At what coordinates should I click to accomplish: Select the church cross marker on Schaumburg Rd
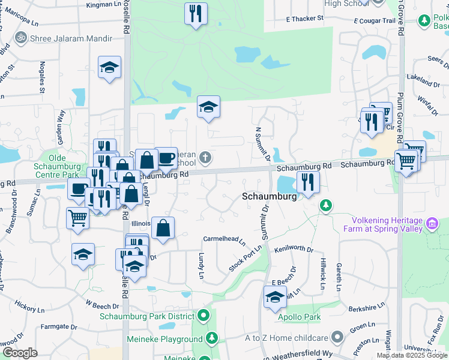pyautogui.click(x=205, y=158)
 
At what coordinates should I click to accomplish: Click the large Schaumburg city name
pyautogui.click(x=270, y=197)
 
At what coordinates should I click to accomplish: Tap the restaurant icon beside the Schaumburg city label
pyautogui.click(x=308, y=182)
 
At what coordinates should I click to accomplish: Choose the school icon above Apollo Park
pyautogui.click(x=276, y=296)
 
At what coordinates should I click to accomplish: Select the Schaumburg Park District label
pyautogui.click(x=150, y=316)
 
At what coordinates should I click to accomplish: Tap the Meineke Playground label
pyautogui.click(x=164, y=339)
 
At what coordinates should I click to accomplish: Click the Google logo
pyautogui.click(x=20, y=352)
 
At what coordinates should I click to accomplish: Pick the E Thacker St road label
pyautogui.click(x=305, y=19)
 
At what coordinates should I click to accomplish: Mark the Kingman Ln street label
pyautogui.click(x=103, y=5)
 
